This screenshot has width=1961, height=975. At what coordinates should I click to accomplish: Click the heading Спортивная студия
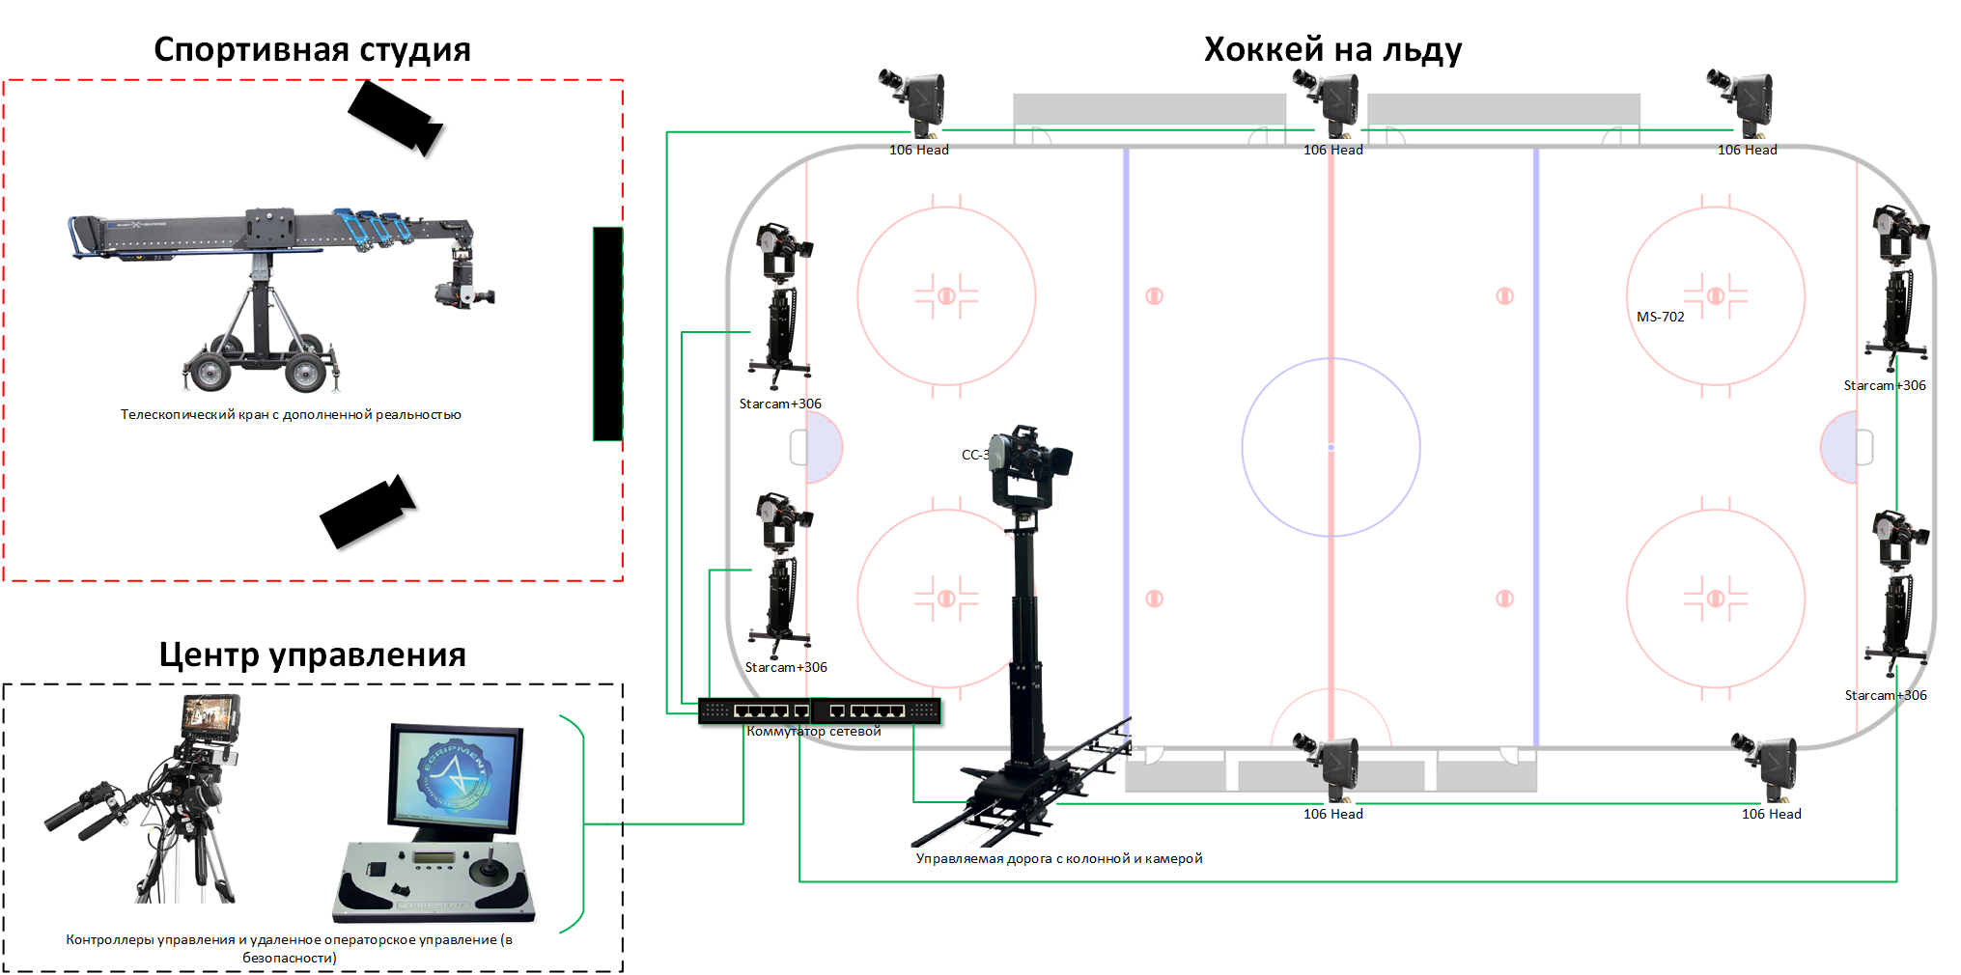[312, 49]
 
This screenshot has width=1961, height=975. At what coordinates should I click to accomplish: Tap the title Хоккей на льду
[1332, 49]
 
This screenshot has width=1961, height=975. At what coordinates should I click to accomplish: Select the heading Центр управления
[312, 655]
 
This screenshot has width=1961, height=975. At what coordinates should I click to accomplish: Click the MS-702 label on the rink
[1660, 317]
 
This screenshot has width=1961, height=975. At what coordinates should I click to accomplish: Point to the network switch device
[819, 711]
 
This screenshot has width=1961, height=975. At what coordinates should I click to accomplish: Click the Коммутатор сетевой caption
[813, 732]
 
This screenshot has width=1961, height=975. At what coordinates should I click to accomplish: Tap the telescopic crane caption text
[291, 415]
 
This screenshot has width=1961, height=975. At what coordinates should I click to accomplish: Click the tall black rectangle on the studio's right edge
[607, 334]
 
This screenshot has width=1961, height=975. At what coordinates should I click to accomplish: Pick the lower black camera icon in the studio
[367, 513]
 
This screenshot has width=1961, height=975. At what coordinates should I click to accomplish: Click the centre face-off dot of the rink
[1331, 447]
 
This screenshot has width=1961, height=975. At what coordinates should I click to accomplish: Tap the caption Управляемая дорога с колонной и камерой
[1058, 858]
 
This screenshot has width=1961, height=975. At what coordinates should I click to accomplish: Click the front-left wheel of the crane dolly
[209, 372]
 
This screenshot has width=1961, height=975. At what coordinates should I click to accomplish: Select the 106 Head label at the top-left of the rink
[918, 150]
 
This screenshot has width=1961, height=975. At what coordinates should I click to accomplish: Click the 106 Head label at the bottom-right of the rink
[1771, 814]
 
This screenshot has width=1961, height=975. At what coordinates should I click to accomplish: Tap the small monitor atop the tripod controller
[210, 714]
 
